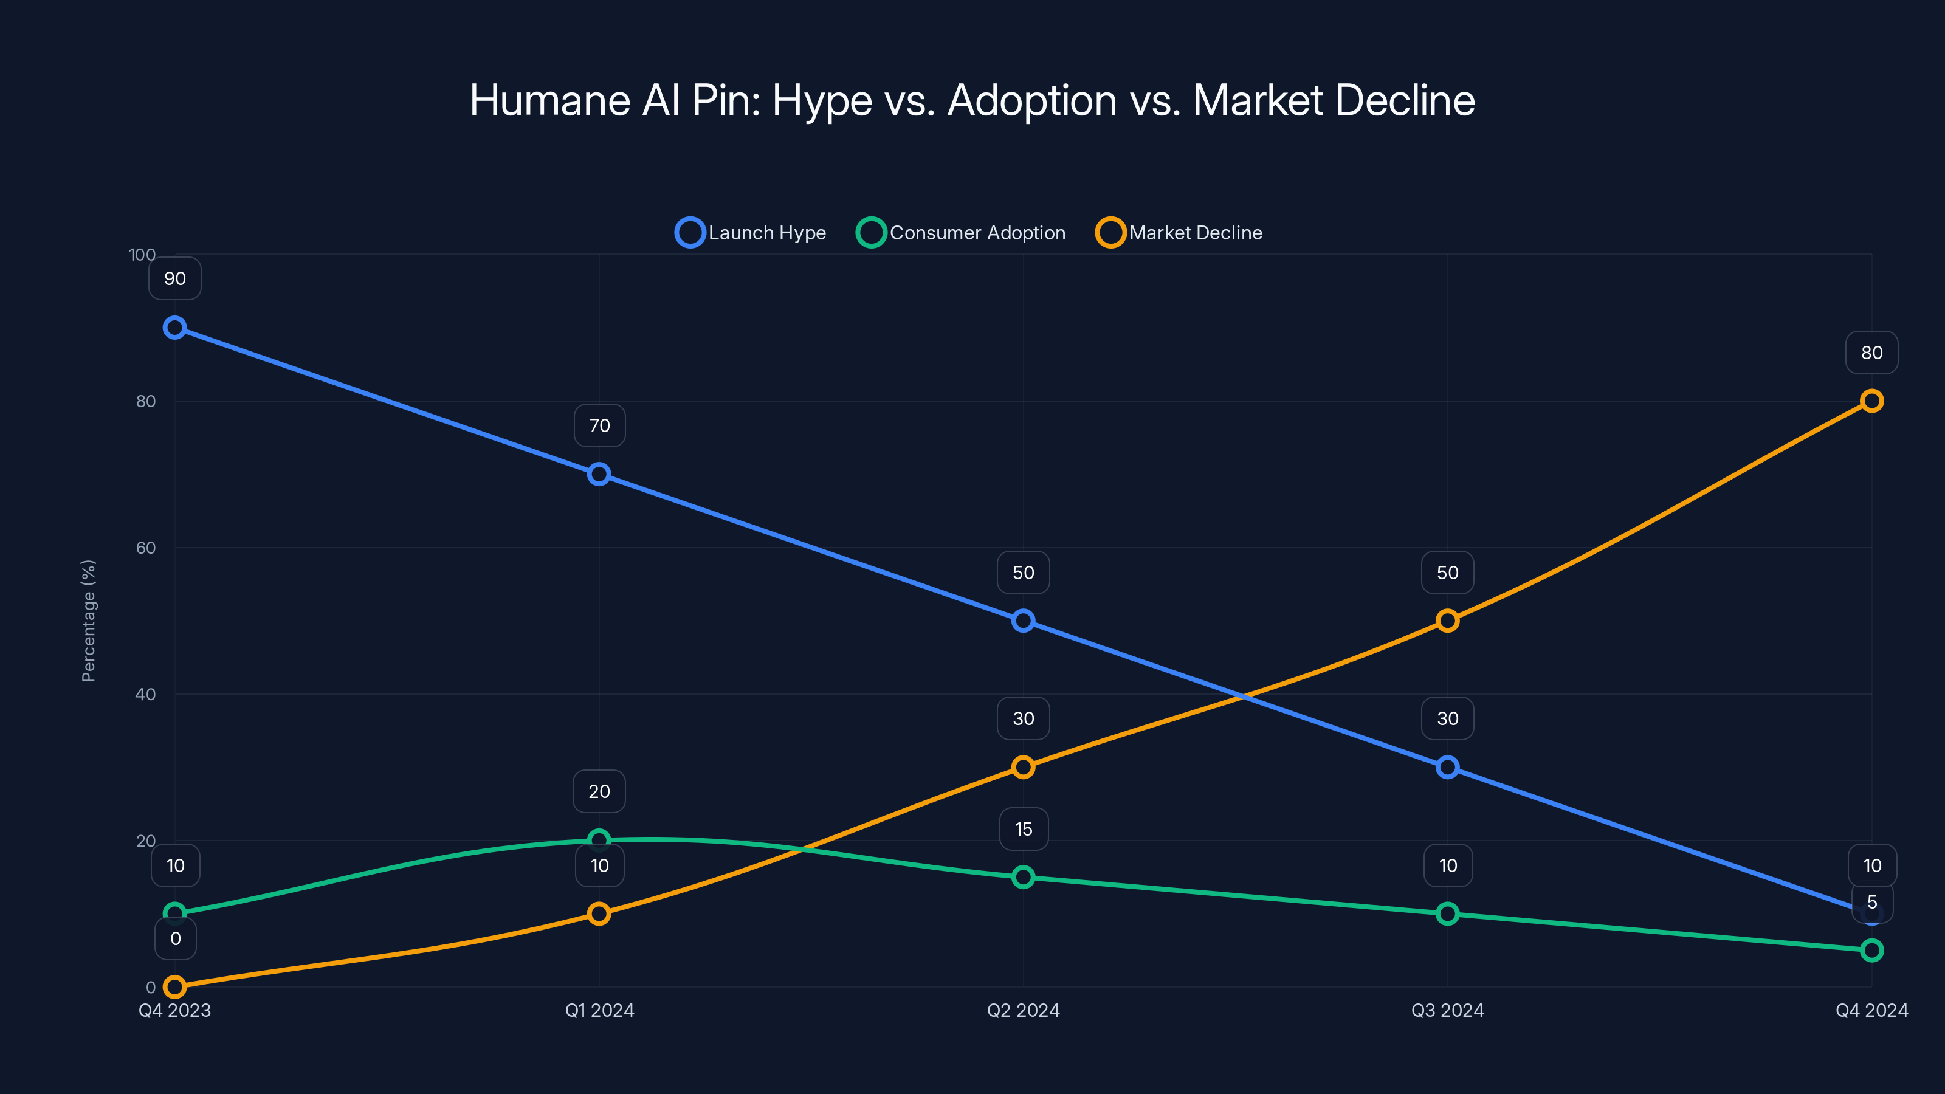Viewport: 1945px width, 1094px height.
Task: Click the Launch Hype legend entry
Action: [751, 233]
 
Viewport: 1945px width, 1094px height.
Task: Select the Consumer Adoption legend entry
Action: [961, 233]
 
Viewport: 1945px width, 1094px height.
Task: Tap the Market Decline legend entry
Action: [1179, 233]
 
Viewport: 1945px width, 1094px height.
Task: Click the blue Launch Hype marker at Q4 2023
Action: [174, 328]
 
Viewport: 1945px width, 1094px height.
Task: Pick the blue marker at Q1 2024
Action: [599, 474]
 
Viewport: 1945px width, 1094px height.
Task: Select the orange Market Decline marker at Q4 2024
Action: [1871, 401]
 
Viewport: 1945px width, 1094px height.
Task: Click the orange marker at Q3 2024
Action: [1447, 621]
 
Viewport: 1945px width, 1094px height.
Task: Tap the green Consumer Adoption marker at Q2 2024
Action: [1023, 877]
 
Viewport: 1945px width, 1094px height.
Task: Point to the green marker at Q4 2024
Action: [1871, 951]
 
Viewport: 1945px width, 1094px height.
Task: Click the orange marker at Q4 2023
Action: [174, 987]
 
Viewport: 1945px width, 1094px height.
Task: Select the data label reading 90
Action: [174, 278]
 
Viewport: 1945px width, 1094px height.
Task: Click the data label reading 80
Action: [1871, 353]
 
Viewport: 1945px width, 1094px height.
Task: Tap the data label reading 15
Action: [1023, 829]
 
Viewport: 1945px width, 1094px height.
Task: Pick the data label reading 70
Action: [599, 426]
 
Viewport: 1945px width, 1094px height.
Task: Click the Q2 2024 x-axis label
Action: [1023, 1010]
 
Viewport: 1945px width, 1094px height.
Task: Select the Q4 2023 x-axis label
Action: [174, 1010]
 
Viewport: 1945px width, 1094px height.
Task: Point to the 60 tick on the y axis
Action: [146, 548]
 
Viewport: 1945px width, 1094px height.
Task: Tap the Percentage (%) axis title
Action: [88, 621]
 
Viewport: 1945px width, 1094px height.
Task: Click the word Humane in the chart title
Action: [549, 100]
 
